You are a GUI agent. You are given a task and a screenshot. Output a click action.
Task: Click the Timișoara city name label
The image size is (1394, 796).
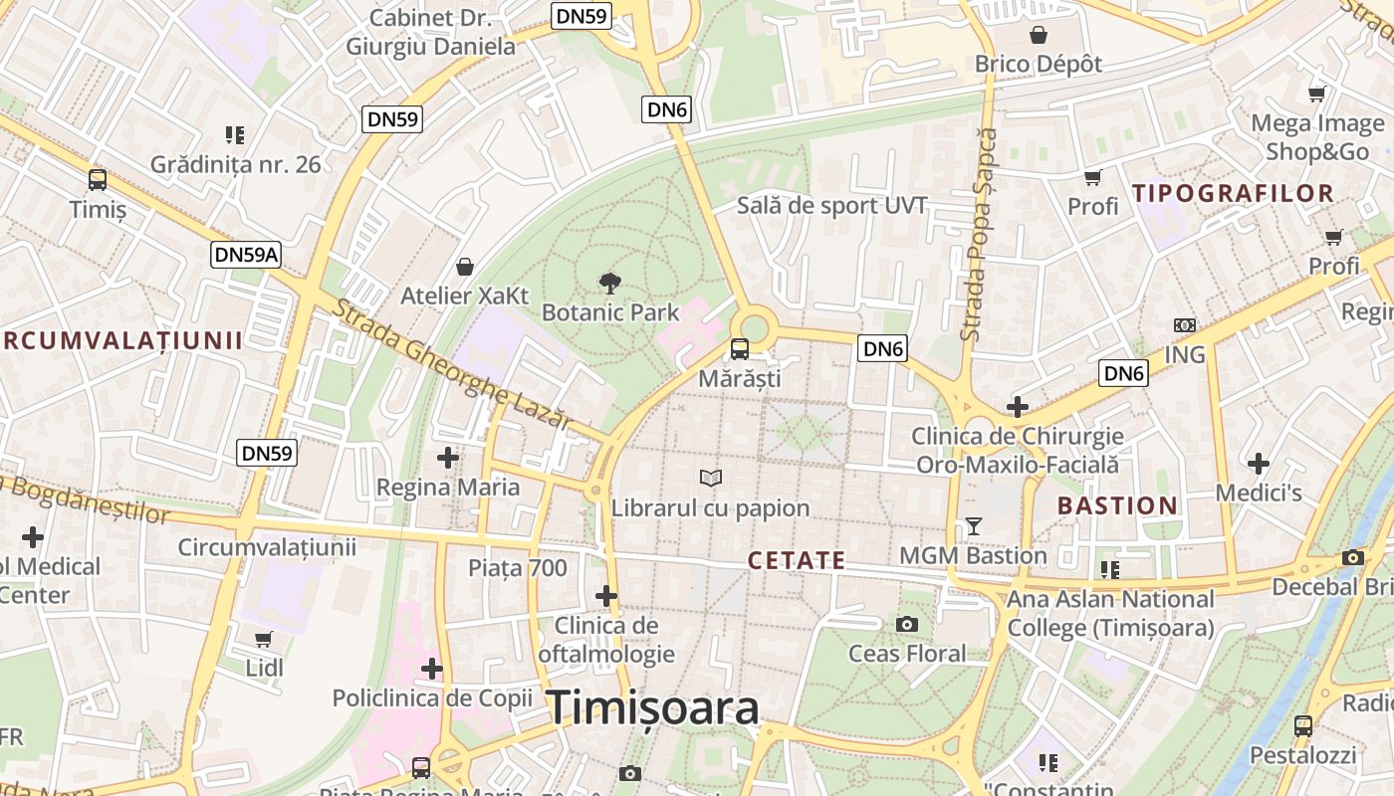point(653,707)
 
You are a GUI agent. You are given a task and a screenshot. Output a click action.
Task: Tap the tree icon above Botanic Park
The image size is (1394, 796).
point(610,284)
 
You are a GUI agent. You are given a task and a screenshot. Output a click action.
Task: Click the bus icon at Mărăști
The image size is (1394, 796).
point(740,349)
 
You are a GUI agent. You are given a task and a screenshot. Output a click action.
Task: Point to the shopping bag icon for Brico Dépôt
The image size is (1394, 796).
point(1039,35)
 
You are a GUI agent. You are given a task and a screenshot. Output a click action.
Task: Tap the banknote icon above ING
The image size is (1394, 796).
point(1184,325)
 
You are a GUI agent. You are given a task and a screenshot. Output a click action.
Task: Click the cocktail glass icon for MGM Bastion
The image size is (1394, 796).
point(974,526)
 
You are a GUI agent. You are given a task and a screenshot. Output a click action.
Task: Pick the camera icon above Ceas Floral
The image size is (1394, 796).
point(906,624)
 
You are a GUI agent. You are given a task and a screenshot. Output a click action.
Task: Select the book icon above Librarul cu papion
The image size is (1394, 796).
point(710,479)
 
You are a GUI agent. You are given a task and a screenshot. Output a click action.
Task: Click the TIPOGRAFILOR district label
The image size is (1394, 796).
point(1234,193)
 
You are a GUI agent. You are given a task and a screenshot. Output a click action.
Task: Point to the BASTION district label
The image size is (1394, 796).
point(1117,505)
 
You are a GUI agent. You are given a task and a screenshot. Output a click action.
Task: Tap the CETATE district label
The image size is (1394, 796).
point(797,560)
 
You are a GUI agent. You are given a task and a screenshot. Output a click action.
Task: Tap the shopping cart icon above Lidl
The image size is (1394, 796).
point(264,639)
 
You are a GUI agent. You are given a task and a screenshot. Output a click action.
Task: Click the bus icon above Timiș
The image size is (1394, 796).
point(98,180)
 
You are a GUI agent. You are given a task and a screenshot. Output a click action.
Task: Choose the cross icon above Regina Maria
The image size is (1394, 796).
point(448,458)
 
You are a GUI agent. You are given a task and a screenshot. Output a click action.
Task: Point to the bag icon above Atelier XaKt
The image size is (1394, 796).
point(464,267)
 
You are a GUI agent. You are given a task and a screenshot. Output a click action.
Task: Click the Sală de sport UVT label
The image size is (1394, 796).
point(831,206)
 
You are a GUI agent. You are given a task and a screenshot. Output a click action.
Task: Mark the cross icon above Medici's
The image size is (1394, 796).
point(1259,464)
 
